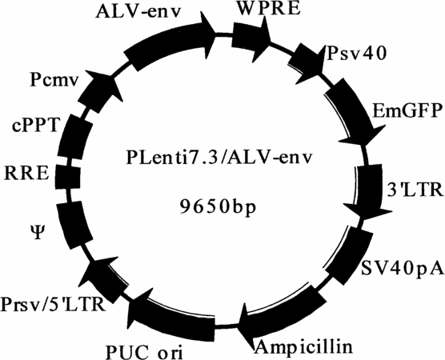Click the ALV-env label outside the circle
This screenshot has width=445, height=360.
(138, 12)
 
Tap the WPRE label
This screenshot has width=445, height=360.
(268, 9)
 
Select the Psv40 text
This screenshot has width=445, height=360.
(357, 53)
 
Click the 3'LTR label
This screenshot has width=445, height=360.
(415, 190)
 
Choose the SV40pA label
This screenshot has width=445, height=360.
(402, 268)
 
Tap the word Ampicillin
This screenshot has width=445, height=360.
(304, 346)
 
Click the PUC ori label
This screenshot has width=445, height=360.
(144, 352)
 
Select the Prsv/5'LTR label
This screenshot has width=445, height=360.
(54, 304)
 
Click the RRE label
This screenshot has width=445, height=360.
(26, 174)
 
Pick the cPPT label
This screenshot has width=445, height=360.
(36, 126)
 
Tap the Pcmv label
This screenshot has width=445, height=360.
(54, 80)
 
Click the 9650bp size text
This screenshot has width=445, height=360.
(218, 207)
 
